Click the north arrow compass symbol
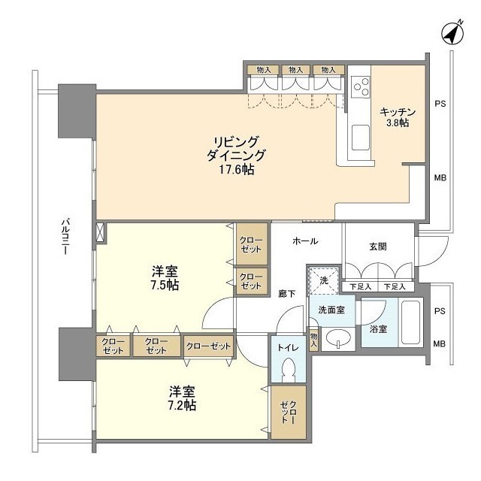pos(450,33)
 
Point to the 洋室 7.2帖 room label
pos(183,398)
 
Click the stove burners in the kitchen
pos(360,85)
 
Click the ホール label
pos(305,241)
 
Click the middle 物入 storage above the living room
pos(297,70)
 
